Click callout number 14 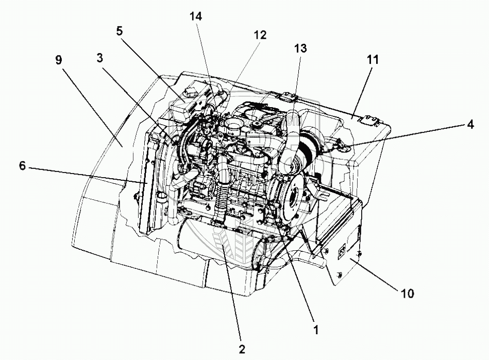(196, 16)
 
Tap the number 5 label (120, 30)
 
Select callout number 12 (260, 35)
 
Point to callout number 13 (300, 48)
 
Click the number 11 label (373, 59)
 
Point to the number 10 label (407, 294)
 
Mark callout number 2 (242, 349)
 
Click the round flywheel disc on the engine (293, 196)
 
